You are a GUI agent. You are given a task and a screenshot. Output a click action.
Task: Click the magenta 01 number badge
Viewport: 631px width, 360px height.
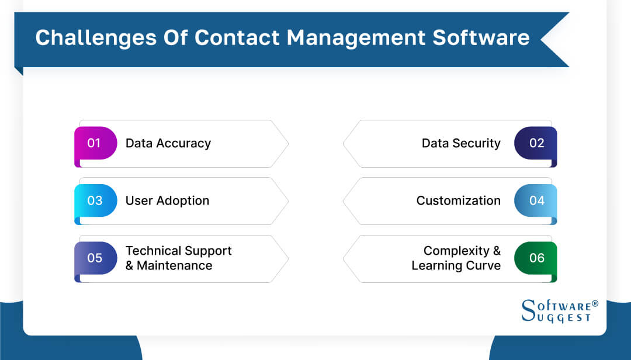coord(95,143)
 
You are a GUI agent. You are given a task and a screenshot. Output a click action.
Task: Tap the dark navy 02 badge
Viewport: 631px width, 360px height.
coord(536,143)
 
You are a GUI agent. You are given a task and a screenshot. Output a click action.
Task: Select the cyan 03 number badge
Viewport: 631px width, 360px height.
coord(95,200)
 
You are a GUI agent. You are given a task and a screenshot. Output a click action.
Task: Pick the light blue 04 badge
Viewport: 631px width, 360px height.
coord(536,200)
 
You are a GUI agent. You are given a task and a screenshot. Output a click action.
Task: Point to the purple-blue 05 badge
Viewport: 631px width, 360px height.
coord(95,258)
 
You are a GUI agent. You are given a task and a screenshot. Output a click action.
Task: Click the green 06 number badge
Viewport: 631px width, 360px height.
coord(536,258)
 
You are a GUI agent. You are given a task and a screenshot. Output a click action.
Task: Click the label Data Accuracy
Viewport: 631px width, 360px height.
coord(168,143)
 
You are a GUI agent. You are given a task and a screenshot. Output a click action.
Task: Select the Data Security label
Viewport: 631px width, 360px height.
coord(461,143)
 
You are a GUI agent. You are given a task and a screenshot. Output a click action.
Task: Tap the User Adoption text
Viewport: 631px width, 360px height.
coord(167,200)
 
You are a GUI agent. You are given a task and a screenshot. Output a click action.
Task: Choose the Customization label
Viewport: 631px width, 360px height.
coord(458,200)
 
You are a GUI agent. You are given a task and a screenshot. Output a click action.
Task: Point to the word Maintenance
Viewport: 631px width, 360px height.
coord(174,265)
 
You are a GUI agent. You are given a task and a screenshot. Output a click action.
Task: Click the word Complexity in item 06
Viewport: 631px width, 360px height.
coord(455,251)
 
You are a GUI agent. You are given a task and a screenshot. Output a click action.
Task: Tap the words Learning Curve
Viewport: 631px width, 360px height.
coord(456,265)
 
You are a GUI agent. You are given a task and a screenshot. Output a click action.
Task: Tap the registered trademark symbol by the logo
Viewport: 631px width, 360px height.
coord(595,304)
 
